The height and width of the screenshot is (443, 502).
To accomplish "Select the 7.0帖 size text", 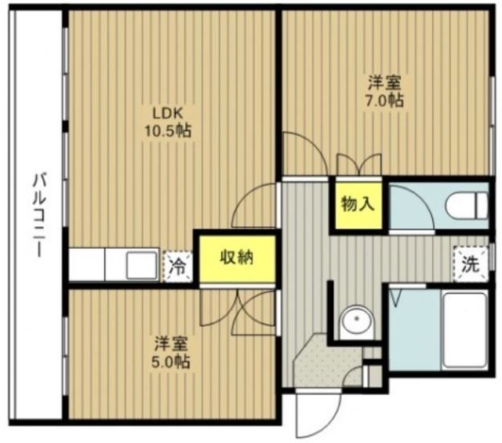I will pyautogui.click(x=384, y=100).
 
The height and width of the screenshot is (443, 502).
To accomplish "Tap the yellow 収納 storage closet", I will pyautogui.click(x=235, y=258).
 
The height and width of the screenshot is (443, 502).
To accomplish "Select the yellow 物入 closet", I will pyautogui.click(x=357, y=205).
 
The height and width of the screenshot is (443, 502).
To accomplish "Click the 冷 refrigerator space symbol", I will pyautogui.click(x=179, y=266).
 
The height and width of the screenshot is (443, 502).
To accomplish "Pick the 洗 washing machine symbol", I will pyautogui.click(x=469, y=265).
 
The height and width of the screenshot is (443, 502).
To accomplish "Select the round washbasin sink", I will pyautogui.click(x=359, y=321).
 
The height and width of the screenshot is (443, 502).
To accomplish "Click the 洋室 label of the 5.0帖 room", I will pyautogui.click(x=171, y=343).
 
